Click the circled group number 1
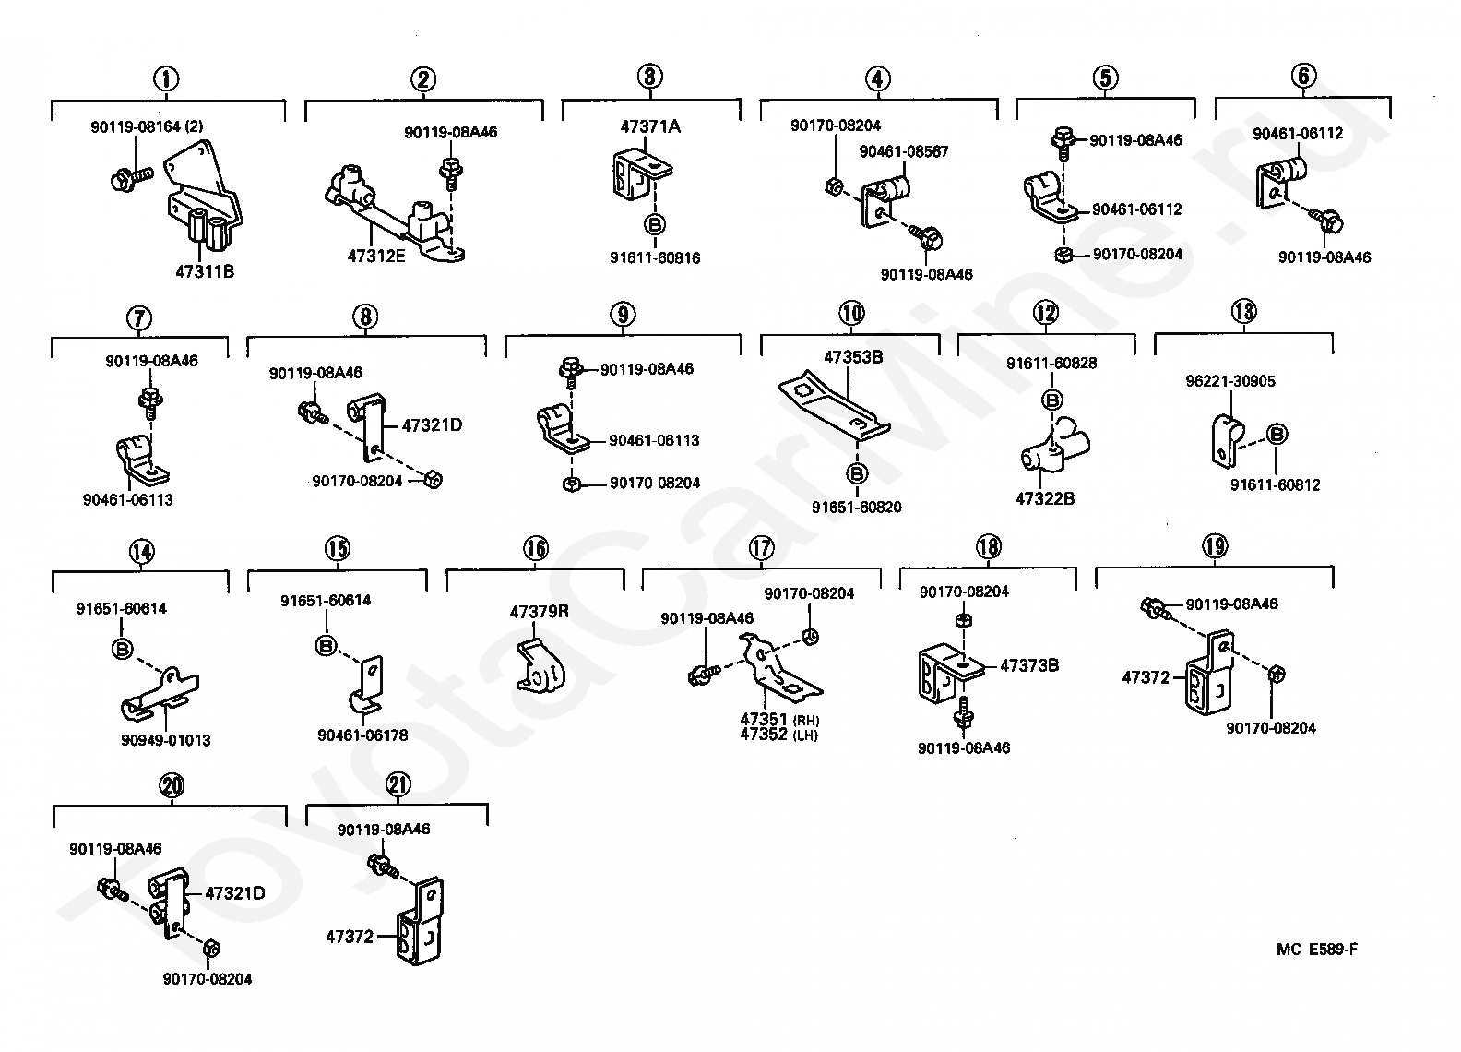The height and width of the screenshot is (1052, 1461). (166, 79)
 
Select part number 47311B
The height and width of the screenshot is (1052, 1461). (205, 271)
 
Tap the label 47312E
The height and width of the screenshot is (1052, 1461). (375, 256)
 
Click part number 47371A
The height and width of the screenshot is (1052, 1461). (650, 126)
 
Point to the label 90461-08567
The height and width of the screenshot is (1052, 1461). (903, 151)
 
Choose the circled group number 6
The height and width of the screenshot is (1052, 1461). (1303, 76)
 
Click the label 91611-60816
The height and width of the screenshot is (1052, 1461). (655, 257)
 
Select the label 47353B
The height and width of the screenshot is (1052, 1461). (853, 357)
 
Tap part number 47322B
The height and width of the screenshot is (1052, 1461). (1045, 498)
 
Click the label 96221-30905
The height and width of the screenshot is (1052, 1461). (1230, 381)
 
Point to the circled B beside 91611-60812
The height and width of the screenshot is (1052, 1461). (1277, 434)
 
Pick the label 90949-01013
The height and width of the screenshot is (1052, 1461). (166, 740)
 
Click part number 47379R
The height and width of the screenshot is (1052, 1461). (539, 612)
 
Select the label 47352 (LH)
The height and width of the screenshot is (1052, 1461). (778, 735)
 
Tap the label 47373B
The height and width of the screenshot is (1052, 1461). (1029, 665)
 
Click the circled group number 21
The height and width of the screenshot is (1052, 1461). (398, 784)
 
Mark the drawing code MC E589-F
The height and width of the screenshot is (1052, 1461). (1317, 950)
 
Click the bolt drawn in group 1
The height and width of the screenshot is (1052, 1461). (133, 177)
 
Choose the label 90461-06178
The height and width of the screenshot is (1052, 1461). (362, 735)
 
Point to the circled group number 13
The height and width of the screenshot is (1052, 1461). (1244, 311)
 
